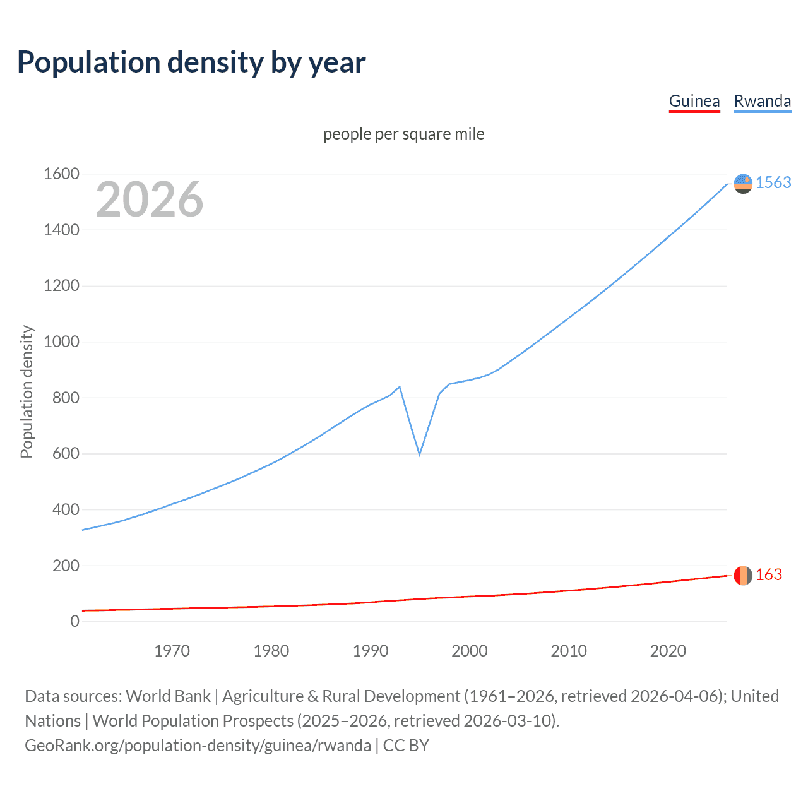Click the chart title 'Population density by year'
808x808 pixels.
coord(191,62)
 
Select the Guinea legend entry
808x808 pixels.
coord(694,102)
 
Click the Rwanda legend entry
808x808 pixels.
coord(762,102)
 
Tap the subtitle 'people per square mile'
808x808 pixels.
coord(403,134)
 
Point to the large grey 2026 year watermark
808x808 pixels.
coord(150,199)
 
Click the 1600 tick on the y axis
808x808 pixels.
coord(61,174)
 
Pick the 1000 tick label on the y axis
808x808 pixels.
coord(61,342)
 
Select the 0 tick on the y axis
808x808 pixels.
coord(74,621)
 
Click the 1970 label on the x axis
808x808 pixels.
coord(172,651)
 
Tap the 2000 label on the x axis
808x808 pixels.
coord(469,651)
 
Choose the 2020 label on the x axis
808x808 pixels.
coord(668,651)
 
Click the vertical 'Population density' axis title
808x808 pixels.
coord(27,391)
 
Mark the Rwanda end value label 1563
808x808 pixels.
coord(773,182)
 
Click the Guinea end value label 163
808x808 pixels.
coord(768,574)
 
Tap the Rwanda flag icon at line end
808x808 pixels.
coord(743,184)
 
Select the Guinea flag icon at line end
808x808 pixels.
coord(743,576)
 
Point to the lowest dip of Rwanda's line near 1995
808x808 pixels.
coord(419,454)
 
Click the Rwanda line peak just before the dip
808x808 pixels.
coord(400,387)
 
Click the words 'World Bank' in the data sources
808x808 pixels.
coord(168,696)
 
